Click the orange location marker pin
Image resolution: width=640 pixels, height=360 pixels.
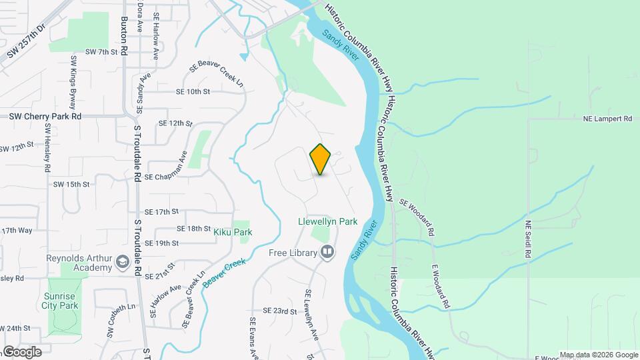point(321,159)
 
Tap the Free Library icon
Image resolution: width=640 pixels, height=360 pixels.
point(327,252)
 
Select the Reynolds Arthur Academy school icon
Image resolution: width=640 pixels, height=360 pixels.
point(122,263)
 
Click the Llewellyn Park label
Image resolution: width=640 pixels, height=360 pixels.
point(328,221)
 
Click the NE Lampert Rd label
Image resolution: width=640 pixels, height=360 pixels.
point(607,119)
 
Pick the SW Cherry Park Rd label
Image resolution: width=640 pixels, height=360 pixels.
point(45,116)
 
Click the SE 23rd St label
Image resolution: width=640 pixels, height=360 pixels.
point(279,311)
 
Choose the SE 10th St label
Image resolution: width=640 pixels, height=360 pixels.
point(193,91)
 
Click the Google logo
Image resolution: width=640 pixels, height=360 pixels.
point(22,351)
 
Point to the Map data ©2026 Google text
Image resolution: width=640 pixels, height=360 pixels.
point(598,355)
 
